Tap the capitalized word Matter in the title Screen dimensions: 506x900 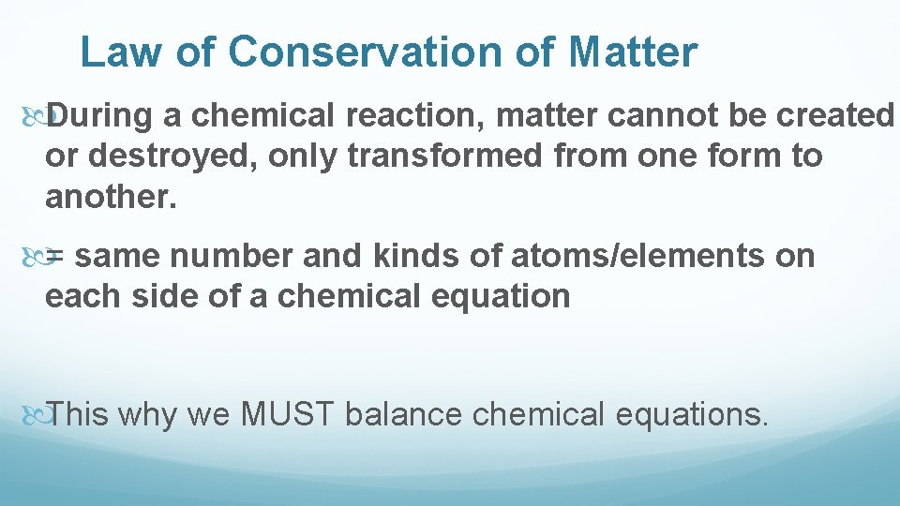(633, 52)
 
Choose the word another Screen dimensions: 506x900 (109, 197)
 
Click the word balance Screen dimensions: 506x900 (404, 413)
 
